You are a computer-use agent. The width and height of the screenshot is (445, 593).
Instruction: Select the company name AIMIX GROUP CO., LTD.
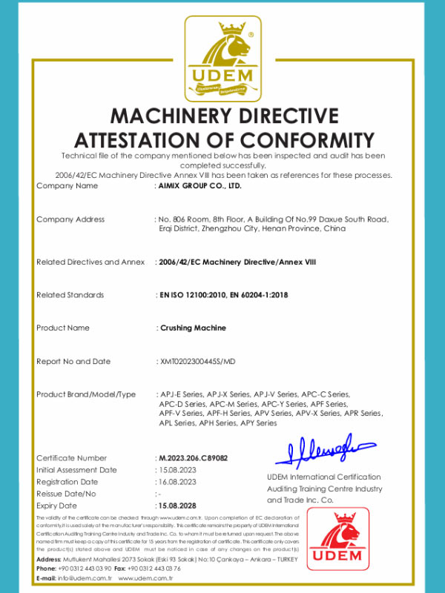pos(200,186)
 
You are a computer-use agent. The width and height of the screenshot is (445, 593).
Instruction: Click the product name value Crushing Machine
pos(193,328)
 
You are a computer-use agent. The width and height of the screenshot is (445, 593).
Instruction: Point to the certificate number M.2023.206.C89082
pos(193,458)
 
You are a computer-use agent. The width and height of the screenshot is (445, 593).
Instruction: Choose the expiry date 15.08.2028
pos(178,505)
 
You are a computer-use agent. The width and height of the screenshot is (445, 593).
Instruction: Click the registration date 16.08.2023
pos(178,482)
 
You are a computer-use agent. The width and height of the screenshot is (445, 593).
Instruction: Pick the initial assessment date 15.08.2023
pos(178,470)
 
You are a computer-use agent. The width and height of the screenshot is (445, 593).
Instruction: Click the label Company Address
pos(70,219)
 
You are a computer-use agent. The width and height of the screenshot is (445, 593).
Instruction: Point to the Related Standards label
pos(70,295)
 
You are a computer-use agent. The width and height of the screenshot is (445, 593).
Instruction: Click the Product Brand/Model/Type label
pos(86,394)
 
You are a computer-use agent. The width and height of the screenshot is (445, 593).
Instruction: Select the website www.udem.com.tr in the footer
pos(145,578)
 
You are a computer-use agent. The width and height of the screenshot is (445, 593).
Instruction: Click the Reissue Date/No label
pos(67,494)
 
